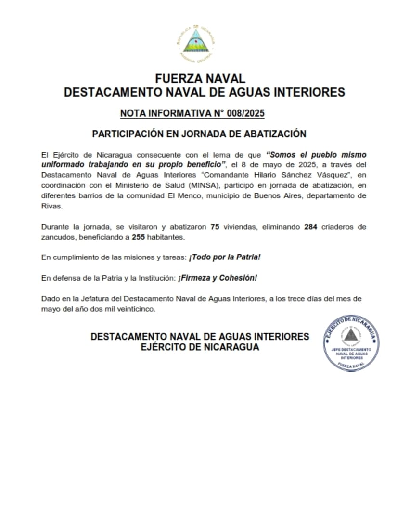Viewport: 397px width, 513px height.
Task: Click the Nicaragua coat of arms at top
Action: pos(195,43)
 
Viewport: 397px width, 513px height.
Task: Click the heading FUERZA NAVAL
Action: pos(200,79)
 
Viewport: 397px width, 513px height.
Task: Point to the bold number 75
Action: pos(215,227)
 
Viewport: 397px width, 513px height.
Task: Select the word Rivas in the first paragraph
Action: pos(51,206)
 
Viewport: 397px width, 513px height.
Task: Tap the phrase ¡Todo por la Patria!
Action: pos(225,257)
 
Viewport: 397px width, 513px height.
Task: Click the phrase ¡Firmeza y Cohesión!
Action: pos(218,278)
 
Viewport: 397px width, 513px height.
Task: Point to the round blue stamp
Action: pos(351,343)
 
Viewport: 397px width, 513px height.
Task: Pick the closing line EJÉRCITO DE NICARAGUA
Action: pos(200,347)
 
